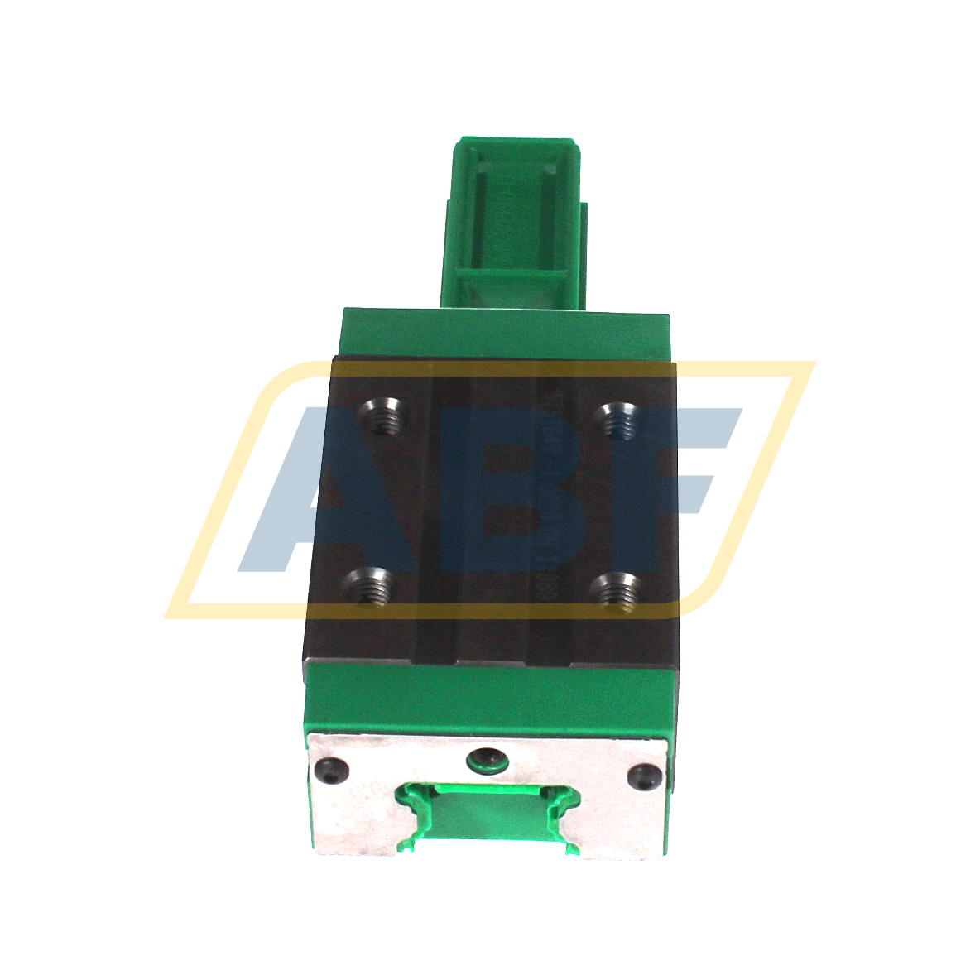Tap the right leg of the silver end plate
tap(617, 824)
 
